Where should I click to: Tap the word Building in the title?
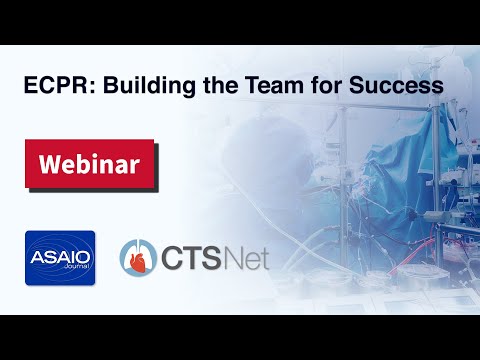pyautogui.click(x=131, y=87)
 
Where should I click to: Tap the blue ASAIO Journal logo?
pyautogui.click(x=60, y=256)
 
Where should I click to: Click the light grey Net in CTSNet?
pyautogui.click(x=245, y=257)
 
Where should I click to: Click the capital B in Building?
pyautogui.click(x=102, y=87)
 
